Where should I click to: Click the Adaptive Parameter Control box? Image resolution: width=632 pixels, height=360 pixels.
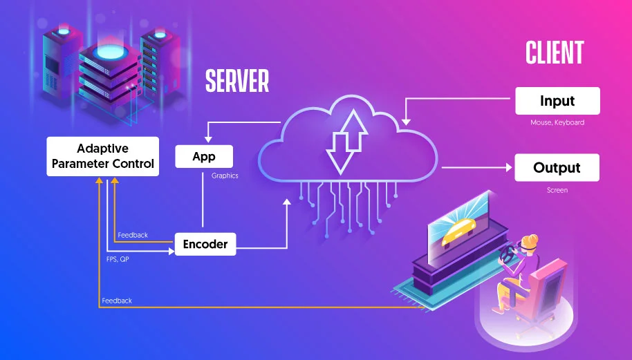pyautogui.click(x=103, y=156)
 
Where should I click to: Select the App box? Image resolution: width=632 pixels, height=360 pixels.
pyautogui.click(x=204, y=157)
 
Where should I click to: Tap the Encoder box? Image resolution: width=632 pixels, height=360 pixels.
pyautogui.click(x=205, y=243)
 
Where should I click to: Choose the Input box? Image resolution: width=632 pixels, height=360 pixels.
pyautogui.click(x=557, y=101)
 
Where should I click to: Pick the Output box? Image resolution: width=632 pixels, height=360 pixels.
pyautogui.click(x=557, y=168)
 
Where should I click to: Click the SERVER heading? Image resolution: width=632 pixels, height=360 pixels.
pyautogui.click(x=236, y=82)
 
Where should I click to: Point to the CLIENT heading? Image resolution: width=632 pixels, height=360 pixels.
pyautogui.click(x=555, y=53)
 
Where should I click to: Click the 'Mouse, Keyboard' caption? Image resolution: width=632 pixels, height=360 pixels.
pyautogui.click(x=557, y=123)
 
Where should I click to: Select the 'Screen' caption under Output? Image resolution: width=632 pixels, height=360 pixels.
pyautogui.click(x=557, y=190)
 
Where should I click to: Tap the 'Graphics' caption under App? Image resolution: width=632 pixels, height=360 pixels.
pyautogui.click(x=225, y=176)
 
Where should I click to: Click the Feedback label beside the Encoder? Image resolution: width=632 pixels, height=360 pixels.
pyautogui.click(x=133, y=235)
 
